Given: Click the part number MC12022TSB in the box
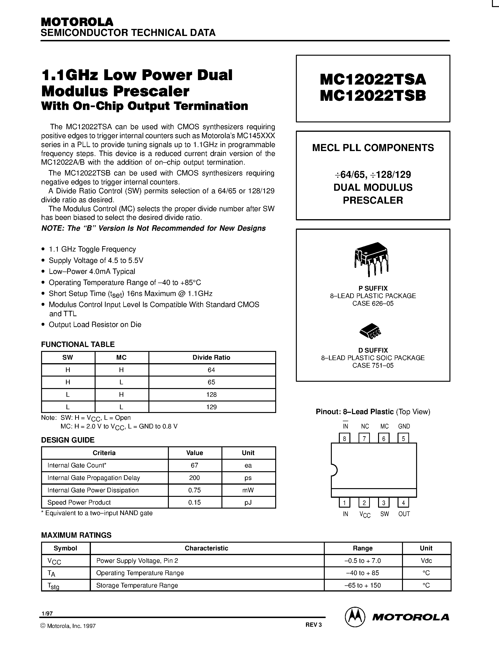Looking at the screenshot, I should tap(373, 96).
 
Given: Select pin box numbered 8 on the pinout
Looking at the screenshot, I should tap(344, 439).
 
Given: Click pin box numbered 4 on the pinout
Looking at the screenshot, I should tap(403, 503).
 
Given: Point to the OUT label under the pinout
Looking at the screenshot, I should tap(404, 514).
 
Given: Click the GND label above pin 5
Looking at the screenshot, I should tap(404, 426).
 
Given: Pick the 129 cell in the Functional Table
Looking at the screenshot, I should tap(211, 407).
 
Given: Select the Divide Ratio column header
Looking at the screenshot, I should tap(211, 357).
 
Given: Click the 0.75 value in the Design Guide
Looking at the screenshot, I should tap(194, 490).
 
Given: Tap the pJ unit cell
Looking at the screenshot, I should tap(248, 502).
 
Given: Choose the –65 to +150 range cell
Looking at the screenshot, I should tap(363, 585).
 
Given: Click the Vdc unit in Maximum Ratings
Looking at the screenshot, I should tap(426, 560).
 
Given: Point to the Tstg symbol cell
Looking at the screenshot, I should tap(54, 586).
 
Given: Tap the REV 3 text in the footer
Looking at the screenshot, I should tap(313, 625).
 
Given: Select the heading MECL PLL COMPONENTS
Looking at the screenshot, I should tap(373, 148).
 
